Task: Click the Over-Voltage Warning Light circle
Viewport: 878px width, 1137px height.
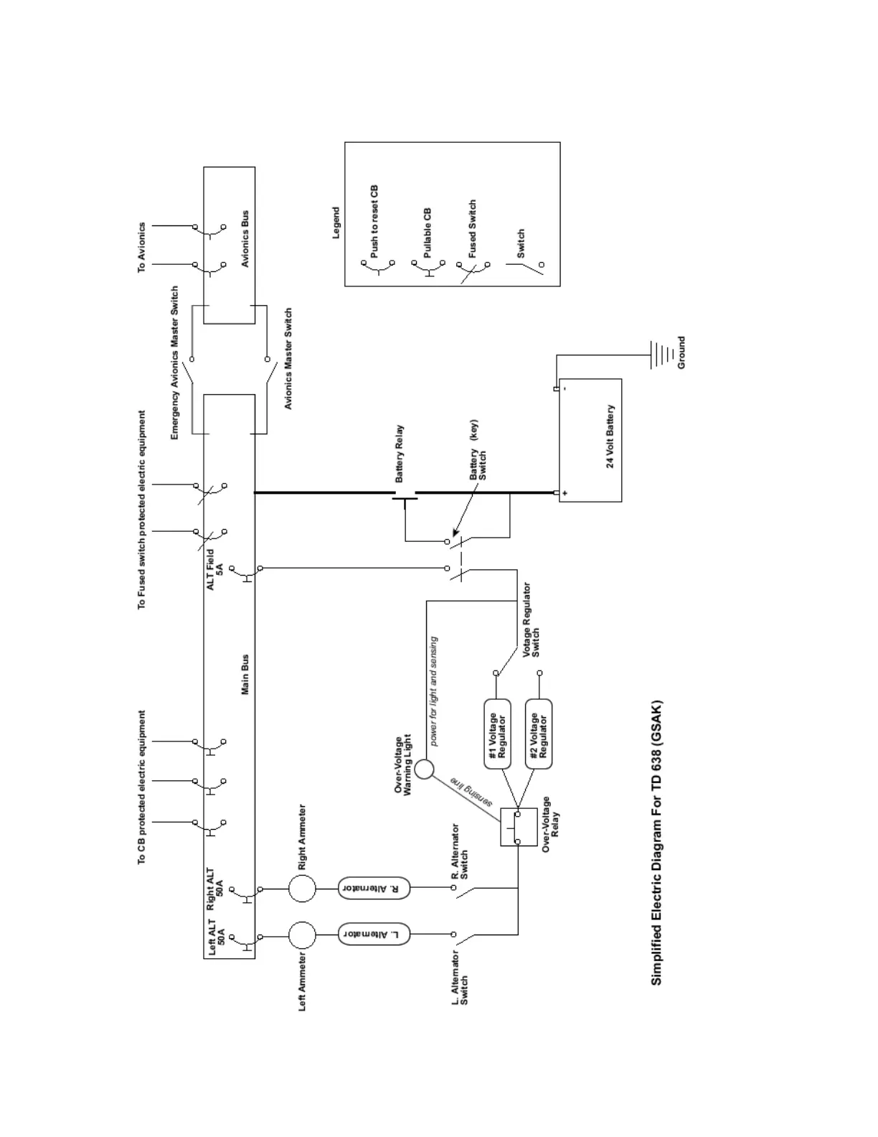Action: click(x=424, y=769)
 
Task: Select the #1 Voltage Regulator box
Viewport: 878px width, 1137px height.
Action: click(x=497, y=734)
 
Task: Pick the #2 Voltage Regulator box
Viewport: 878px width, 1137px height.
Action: click(x=539, y=734)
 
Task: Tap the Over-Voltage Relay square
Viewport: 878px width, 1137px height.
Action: click(x=518, y=827)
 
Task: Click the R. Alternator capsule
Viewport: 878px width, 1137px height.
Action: click(x=374, y=888)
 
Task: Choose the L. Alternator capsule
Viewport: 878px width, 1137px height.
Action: click(x=374, y=934)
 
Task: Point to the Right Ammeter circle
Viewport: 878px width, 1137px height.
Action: click(x=302, y=888)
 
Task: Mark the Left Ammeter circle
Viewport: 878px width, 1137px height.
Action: click(x=302, y=935)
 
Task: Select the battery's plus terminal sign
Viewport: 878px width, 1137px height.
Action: click(x=565, y=493)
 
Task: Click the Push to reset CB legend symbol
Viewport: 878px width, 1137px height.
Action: click(x=379, y=269)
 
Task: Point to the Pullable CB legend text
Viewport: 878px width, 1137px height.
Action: click(x=428, y=233)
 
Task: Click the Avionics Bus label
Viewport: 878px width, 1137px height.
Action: click(x=245, y=239)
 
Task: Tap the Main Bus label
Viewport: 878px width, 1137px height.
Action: click(x=245, y=674)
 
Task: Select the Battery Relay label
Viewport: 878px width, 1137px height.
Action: click(x=400, y=454)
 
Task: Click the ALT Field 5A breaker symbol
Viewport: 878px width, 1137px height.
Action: click(x=248, y=572)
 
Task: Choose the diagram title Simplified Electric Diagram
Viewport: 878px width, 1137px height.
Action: click(x=657, y=843)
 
